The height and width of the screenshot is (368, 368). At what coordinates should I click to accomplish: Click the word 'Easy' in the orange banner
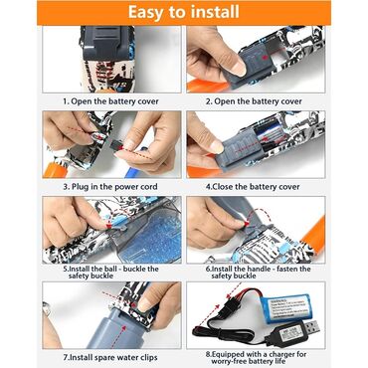click(x=146, y=13)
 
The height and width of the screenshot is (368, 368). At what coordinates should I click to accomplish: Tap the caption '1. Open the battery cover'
click(x=111, y=101)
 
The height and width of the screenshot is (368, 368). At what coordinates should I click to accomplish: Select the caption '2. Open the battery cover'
click(x=254, y=101)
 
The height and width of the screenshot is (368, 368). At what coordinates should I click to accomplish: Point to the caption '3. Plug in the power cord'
click(x=110, y=187)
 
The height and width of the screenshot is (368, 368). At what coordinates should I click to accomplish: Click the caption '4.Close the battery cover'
click(x=253, y=187)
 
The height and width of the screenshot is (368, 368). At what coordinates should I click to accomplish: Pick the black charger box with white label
click(x=287, y=335)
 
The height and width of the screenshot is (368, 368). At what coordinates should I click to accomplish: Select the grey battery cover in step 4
click(x=233, y=151)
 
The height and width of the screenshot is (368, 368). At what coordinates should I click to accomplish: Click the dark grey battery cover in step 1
click(x=107, y=43)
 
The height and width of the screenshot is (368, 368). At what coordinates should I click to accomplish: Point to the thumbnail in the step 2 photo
click(x=239, y=69)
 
